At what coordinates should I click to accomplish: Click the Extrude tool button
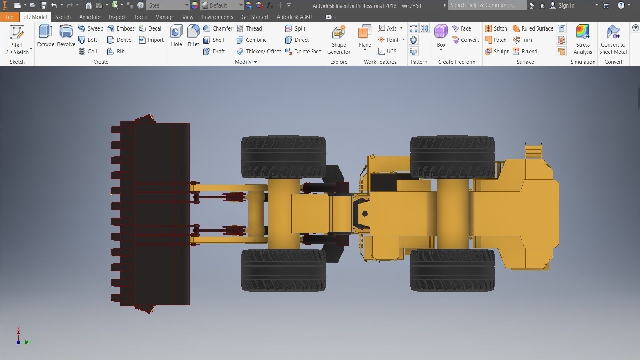(x=46, y=36)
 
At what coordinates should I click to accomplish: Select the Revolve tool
(x=66, y=36)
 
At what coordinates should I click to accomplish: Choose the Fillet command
(x=193, y=36)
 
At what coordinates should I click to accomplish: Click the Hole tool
(x=176, y=36)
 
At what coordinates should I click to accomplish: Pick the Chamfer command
(x=218, y=29)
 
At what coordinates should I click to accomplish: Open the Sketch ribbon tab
(x=63, y=17)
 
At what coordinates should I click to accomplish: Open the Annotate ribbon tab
(x=90, y=17)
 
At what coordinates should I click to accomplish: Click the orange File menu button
(x=9, y=17)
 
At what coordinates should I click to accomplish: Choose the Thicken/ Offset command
(x=259, y=52)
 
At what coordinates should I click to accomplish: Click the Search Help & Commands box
(x=487, y=5)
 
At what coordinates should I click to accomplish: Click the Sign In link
(x=566, y=6)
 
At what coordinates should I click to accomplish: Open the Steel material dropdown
(x=168, y=6)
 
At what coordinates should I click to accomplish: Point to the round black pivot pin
(x=365, y=214)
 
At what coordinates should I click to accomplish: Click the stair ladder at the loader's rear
(x=533, y=152)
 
